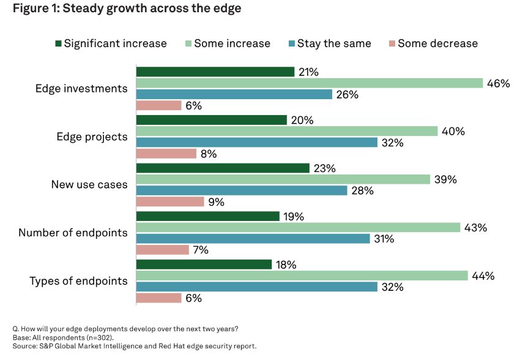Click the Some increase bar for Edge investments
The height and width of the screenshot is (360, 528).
pos(309,83)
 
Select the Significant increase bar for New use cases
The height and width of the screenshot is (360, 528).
pos(223,168)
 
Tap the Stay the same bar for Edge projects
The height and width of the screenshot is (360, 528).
pos(256,143)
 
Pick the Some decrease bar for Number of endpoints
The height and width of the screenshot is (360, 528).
pos(162,250)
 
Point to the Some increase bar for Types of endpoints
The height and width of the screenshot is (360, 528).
pos(302,276)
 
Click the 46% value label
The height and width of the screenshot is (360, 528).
pos(498,83)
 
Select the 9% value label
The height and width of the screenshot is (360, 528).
pos(217,202)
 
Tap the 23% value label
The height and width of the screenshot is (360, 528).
pos(324,168)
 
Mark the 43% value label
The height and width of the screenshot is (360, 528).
pos(475,228)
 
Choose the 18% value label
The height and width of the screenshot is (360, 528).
pos(286,264)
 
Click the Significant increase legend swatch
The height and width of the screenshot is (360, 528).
pos(58,43)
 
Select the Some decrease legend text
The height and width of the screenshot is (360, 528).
pos(437,43)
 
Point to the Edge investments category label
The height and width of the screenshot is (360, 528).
pos(81,89)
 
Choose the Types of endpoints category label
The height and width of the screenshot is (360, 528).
pos(79,281)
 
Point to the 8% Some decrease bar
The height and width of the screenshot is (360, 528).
pos(166,154)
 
